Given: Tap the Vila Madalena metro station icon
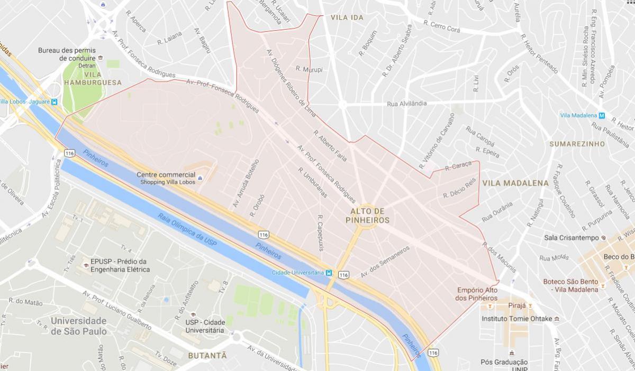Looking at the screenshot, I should click(602, 116).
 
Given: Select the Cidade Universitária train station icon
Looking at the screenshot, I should click(329, 273).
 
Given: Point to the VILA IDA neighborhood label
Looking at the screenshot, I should click(347, 17).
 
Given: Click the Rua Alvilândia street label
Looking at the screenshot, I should click(406, 104).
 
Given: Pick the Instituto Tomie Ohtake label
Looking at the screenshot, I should click(517, 319).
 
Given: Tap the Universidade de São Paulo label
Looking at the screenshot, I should click(79, 326).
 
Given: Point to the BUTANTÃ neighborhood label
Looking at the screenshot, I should click(207, 356).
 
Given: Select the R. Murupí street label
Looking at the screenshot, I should click(309, 69).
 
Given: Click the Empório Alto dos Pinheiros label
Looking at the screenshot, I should click(476, 294).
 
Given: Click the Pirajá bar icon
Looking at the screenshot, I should click(530, 306).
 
